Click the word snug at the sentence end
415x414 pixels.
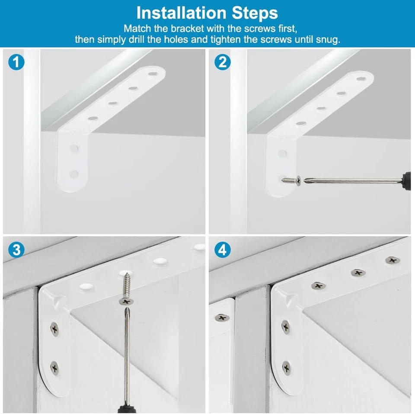pos(328,39)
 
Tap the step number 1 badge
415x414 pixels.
pos(16,62)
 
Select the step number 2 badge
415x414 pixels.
pos(222,62)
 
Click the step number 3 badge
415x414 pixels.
pos(16,250)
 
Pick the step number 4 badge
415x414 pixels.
pos(222,250)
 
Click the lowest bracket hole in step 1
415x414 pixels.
pos(74,174)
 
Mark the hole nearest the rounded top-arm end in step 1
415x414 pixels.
pos(153,74)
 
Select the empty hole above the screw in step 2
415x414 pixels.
pos(282,153)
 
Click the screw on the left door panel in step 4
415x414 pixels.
pos(222,318)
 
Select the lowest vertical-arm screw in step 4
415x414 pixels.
pos(286,368)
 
